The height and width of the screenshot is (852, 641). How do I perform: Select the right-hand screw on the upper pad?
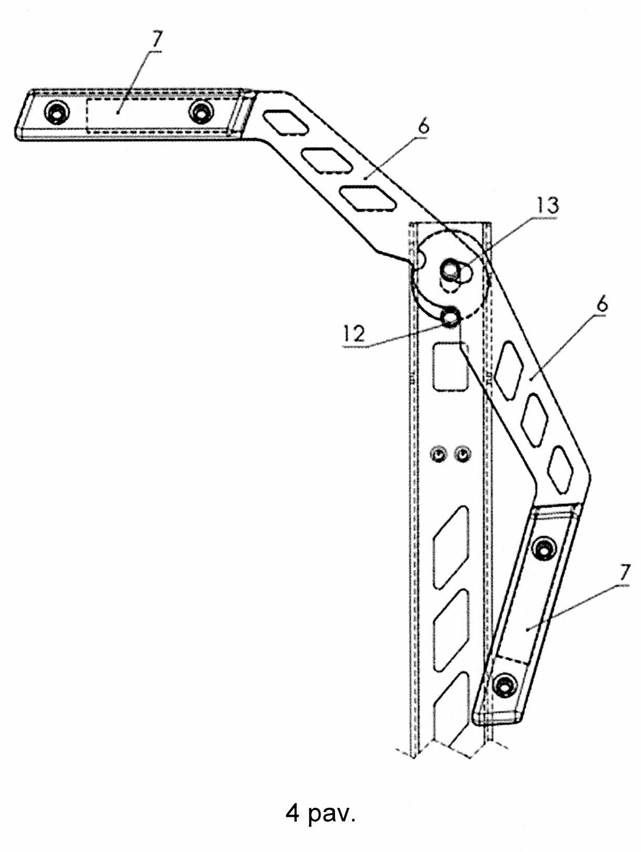tap(201, 112)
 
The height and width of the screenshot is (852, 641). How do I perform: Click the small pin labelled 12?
tap(450, 317)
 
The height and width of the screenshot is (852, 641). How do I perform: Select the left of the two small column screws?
tap(439, 453)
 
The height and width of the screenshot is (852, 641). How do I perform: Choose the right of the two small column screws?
tap(462, 453)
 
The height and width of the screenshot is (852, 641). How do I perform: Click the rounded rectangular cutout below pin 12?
tap(450, 366)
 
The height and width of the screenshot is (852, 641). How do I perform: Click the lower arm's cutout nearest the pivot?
tap(509, 369)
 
